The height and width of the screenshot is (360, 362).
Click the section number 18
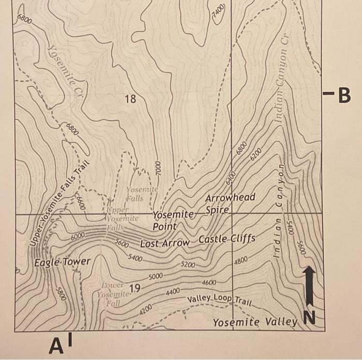130,98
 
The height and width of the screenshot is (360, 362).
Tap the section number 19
135,288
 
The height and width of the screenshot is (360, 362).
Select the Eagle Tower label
62,262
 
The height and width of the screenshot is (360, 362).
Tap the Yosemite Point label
173,220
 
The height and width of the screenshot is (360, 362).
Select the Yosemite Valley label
255,323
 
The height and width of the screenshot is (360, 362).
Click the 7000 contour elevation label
159,170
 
